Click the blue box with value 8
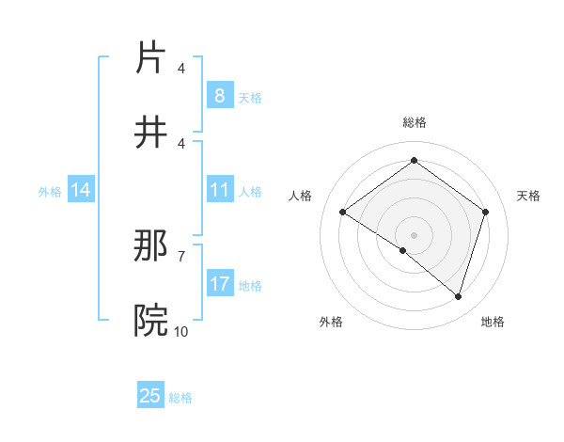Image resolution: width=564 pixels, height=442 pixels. pyautogui.click(x=219, y=95)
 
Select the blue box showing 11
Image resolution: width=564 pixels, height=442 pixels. pyautogui.click(x=219, y=190)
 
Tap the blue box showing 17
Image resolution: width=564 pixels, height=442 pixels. pyautogui.click(x=219, y=284)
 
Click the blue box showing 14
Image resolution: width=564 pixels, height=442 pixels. pyautogui.click(x=81, y=190)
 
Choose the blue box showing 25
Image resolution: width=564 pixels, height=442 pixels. pyautogui.click(x=150, y=396)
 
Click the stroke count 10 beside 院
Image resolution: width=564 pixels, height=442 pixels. pyautogui.click(x=180, y=331)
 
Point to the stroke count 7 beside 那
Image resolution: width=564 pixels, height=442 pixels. pyautogui.click(x=181, y=256)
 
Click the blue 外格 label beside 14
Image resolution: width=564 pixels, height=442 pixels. pyautogui.click(x=50, y=191)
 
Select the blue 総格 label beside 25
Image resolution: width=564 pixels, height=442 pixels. pyautogui.click(x=180, y=398)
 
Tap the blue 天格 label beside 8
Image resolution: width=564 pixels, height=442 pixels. pyautogui.click(x=250, y=97)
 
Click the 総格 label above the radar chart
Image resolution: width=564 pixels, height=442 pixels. pyautogui.click(x=414, y=122)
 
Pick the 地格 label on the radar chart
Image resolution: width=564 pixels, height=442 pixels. pyautogui.click(x=493, y=322)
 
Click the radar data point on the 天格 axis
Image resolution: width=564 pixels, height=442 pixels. pyautogui.click(x=486, y=212)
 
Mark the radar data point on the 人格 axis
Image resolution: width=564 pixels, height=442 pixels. pyautogui.click(x=342, y=212)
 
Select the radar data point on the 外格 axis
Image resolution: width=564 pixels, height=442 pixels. pyautogui.click(x=403, y=250)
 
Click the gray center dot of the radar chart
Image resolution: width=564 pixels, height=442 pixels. pyautogui.click(x=414, y=234)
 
